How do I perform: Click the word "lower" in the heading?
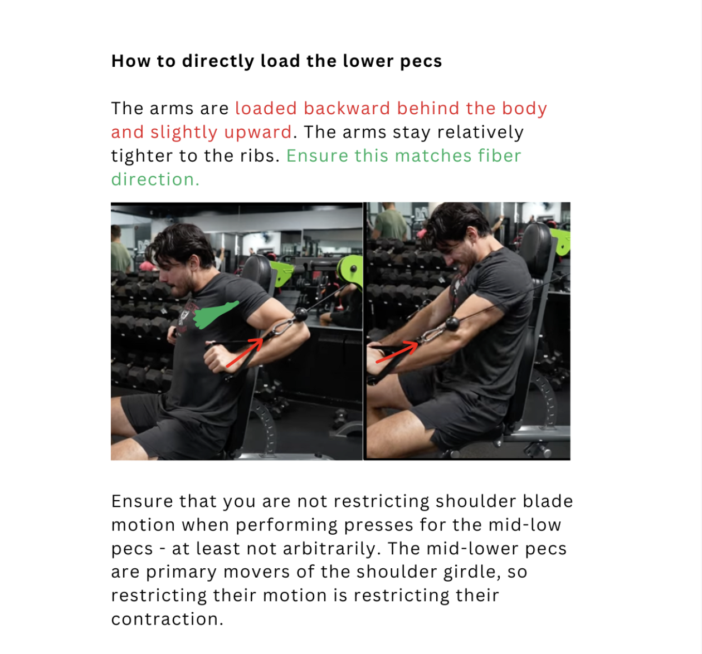tap(368, 61)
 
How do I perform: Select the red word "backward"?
tap(347, 108)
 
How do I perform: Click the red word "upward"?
tap(258, 133)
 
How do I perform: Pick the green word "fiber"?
tap(499, 155)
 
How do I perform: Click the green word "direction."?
tap(155, 179)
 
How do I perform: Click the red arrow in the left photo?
tap(245, 353)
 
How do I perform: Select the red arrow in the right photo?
tap(397, 352)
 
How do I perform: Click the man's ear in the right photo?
tap(472, 236)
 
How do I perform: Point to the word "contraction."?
tap(167, 619)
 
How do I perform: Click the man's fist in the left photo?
tap(216, 358)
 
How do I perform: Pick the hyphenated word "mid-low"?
tap(524, 525)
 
